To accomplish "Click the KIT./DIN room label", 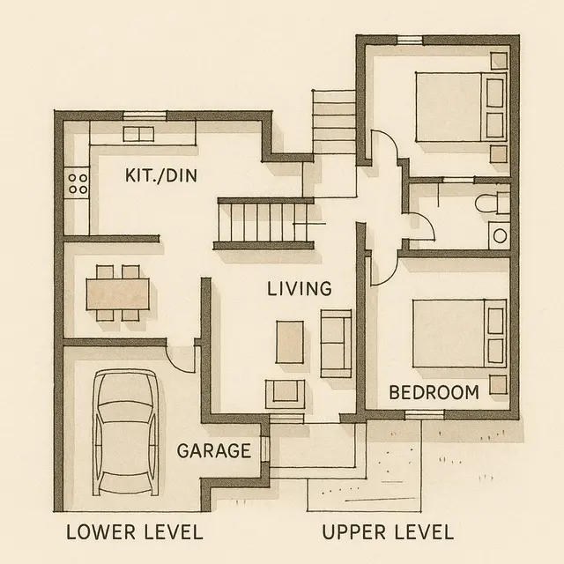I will (x=161, y=176).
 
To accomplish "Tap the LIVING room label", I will (x=300, y=288).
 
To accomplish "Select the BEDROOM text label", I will (x=434, y=392).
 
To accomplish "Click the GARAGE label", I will (x=214, y=450).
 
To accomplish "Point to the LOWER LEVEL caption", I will (x=135, y=532).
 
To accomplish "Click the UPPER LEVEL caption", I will (x=388, y=532).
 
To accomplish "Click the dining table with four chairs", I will (x=118, y=292).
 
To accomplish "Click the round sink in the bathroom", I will (x=500, y=235).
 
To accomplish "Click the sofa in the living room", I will (x=336, y=341).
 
